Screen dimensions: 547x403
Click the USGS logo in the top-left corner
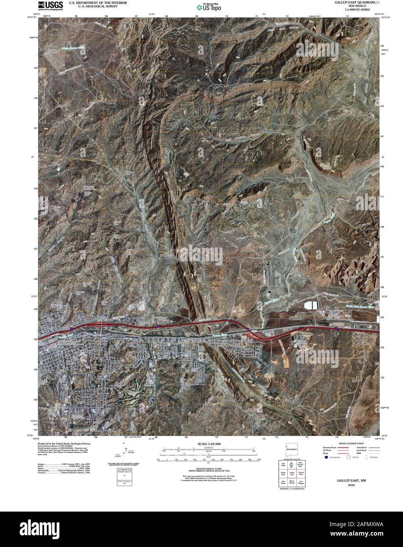pyautogui.click(x=48, y=6)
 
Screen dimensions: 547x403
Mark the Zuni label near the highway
pyautogui.click(x=351, y=320)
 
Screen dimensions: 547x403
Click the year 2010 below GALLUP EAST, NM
pyautogui.click(x=351, y=485)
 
